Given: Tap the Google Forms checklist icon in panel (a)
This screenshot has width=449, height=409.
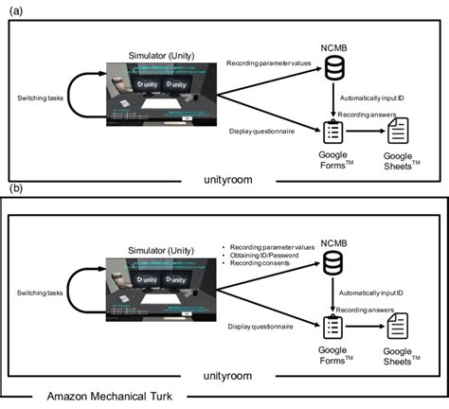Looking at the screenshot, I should pyautogui.click(x=332, y=133).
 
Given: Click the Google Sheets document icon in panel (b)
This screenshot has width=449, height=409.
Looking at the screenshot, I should pyautogui.click(x=400, y=329).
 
